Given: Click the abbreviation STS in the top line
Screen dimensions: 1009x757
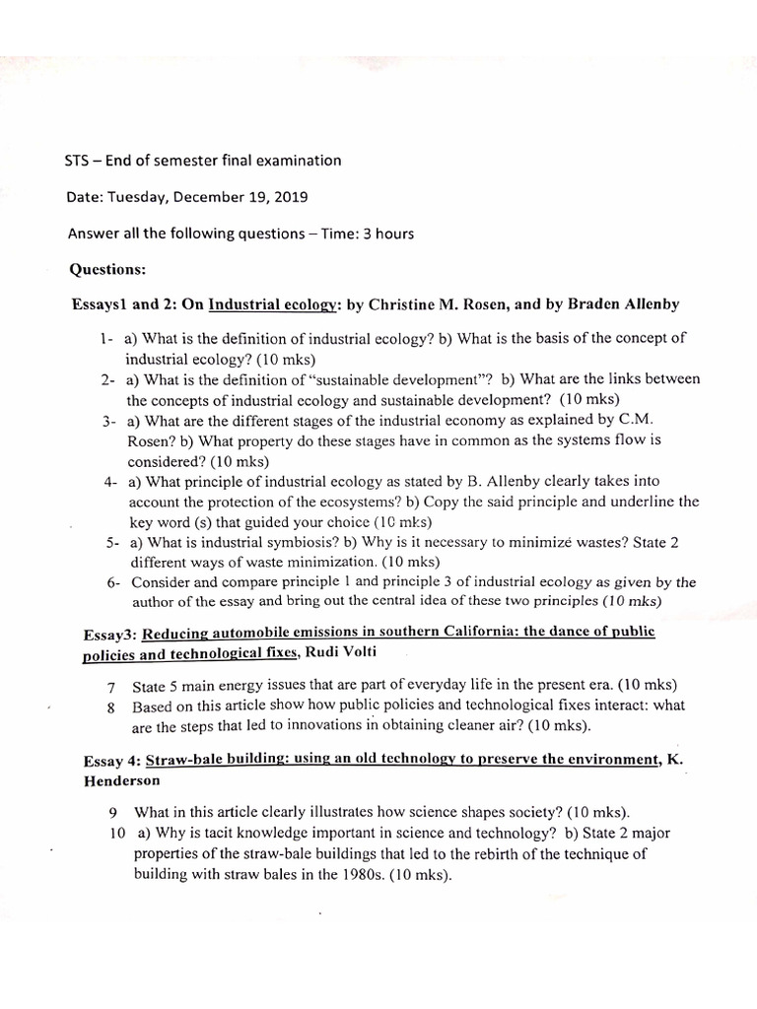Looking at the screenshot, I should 79,161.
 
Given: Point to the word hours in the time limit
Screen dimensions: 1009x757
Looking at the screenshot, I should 391,234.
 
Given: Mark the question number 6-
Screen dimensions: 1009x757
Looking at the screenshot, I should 114,582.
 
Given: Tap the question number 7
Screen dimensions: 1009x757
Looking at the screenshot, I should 111,686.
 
